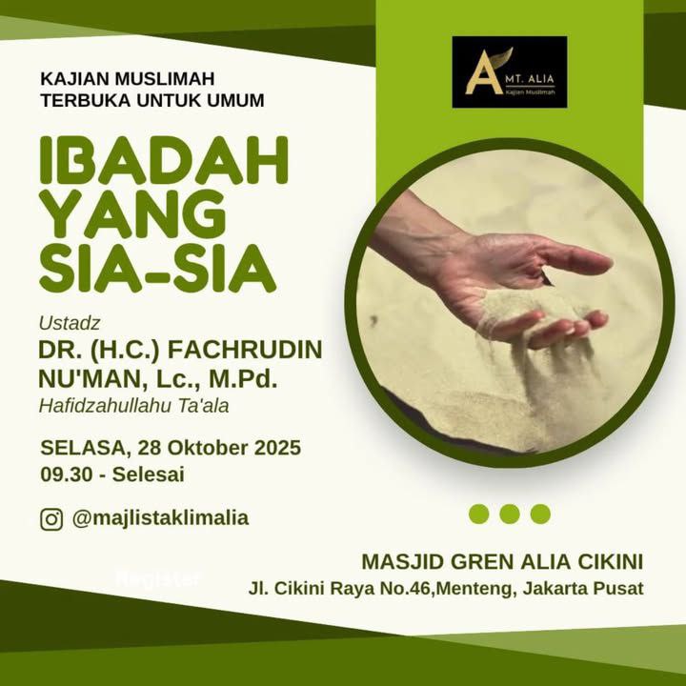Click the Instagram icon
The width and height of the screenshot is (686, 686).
click(51, 519)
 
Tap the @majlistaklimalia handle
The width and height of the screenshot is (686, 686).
click(161, 518)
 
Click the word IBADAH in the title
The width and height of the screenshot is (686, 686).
click(164, 160)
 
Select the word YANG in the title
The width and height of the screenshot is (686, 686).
click(133, 214)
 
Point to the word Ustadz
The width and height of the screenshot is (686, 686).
click(70, 323)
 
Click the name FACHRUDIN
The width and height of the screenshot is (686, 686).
click(246, 350)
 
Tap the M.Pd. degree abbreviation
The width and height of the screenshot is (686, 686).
click(243, 379)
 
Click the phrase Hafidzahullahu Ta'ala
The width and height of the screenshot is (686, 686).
click(134, 406)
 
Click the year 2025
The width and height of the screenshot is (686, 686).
click(278, 448)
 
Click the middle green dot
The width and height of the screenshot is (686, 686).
click(510, 514)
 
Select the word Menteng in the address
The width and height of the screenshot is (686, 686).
click(474, 589)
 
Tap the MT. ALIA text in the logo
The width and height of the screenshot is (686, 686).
click(530, 79)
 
